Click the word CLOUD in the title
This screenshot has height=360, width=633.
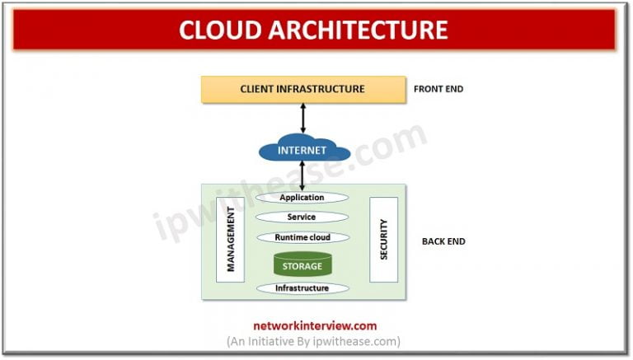224,30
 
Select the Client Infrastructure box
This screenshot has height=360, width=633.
302,89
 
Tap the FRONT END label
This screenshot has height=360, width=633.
438,89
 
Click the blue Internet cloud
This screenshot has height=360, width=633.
303,151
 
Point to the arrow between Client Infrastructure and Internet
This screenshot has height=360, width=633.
302,118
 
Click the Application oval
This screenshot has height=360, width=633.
302,198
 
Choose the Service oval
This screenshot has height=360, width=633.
302,217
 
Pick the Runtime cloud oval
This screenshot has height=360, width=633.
302,237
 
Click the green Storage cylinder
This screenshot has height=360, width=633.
302,264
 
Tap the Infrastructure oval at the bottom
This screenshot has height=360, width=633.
302,288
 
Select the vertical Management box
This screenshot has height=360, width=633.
231,240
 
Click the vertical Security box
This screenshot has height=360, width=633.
383,240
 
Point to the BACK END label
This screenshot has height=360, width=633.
443,241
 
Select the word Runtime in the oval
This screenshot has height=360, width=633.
288,237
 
